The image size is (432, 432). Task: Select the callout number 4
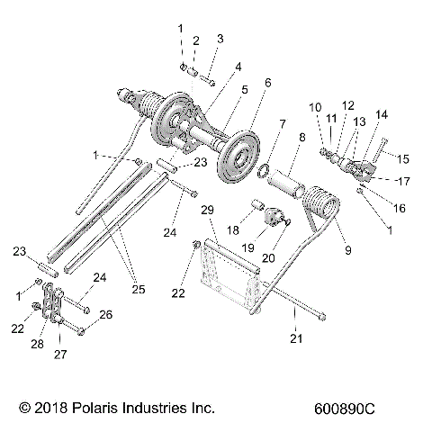coord(238,67)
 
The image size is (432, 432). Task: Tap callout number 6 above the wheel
coord(267,82)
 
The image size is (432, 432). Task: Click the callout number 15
coord(403,158)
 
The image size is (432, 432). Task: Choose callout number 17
coord(402,178)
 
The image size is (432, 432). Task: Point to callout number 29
coord(208,210)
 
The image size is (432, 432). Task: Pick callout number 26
coord(105,314)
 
